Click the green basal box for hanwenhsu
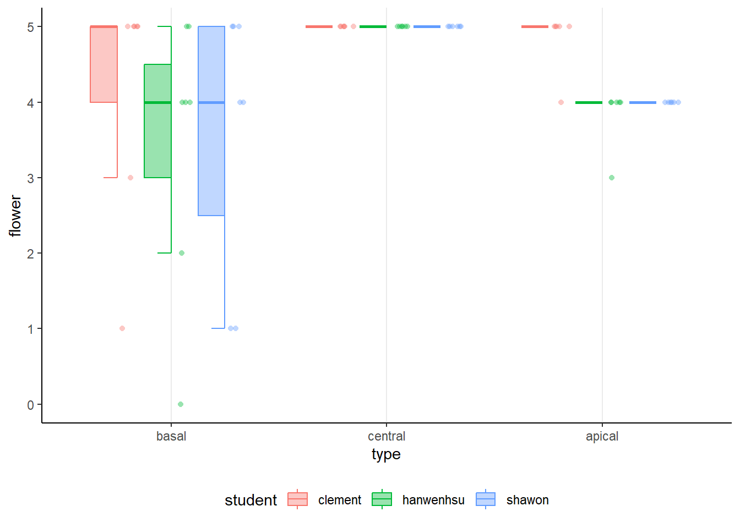[157, 121]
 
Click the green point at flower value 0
[181, 404]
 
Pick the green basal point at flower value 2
[182, 253]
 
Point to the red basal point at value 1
[122, 328]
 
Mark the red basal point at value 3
[130, 178]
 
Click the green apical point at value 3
[612, 178]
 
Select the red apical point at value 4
[561, 102]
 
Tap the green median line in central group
[373, 26]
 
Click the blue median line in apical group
[643, 102]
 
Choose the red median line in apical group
[535, 26]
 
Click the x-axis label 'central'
[387, 436]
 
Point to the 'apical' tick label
[602, 436]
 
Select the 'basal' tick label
[171, 436]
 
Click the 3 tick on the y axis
[31, 178]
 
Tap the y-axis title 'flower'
[15, 216]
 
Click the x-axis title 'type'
[386, 454]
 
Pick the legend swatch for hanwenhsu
[382, 499]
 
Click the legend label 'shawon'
[527, 500]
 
